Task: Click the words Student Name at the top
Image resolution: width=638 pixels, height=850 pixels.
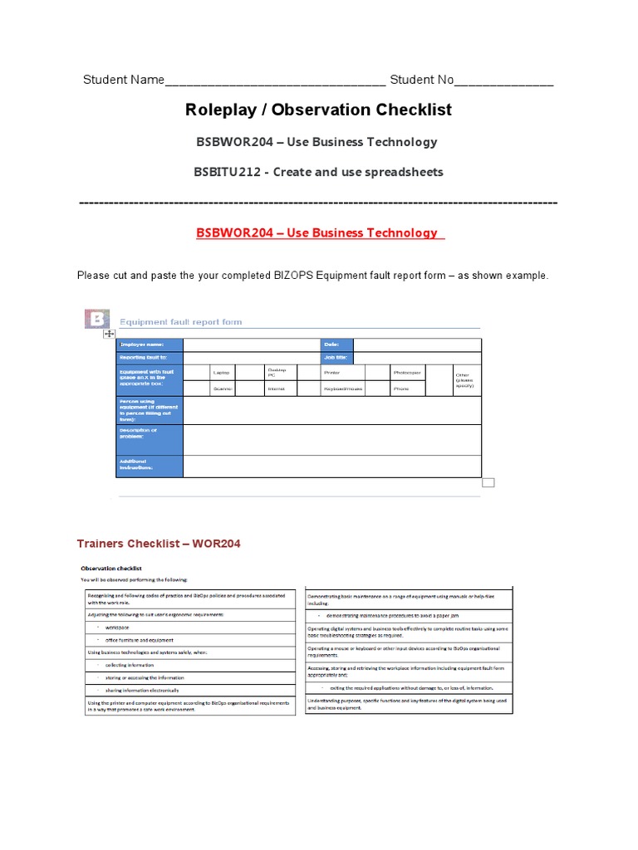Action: [x=123, y=81]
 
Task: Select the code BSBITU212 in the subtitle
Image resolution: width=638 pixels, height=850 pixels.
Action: [x=227, y=172]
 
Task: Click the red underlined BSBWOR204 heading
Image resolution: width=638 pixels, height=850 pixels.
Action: [x=320, y=232]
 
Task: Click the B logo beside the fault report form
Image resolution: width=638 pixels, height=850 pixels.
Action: [x=97, y=320]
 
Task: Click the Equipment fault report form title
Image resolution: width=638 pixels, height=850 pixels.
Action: [x=181, y=322]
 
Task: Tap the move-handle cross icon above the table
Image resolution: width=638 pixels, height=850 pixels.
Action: [x=109, y=334]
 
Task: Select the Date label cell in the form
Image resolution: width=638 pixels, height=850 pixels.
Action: [x=337, y=344]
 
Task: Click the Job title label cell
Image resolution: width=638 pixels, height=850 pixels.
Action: [x=337, y=358]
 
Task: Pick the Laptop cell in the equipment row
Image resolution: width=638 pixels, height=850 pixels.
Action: [x=221, y=373]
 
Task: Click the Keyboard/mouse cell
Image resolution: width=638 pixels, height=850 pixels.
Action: [x=342, y=388]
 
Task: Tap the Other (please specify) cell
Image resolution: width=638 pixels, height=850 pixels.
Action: [x=466, y=380]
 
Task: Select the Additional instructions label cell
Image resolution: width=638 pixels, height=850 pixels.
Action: [x=149, y=466]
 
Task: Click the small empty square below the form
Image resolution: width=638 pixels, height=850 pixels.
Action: [x=488, y=482]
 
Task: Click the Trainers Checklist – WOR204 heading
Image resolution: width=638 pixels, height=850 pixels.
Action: [x=159, y=544]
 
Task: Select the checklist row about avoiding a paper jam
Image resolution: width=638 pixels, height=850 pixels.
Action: [x=410, y=617]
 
